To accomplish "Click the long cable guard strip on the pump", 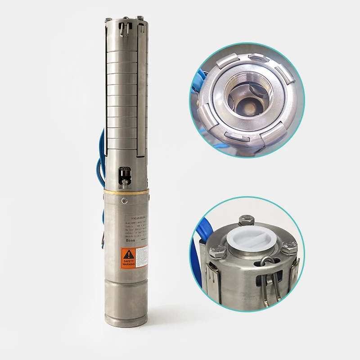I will click(142, 90).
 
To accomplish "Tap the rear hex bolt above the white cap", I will click(245, 220).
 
